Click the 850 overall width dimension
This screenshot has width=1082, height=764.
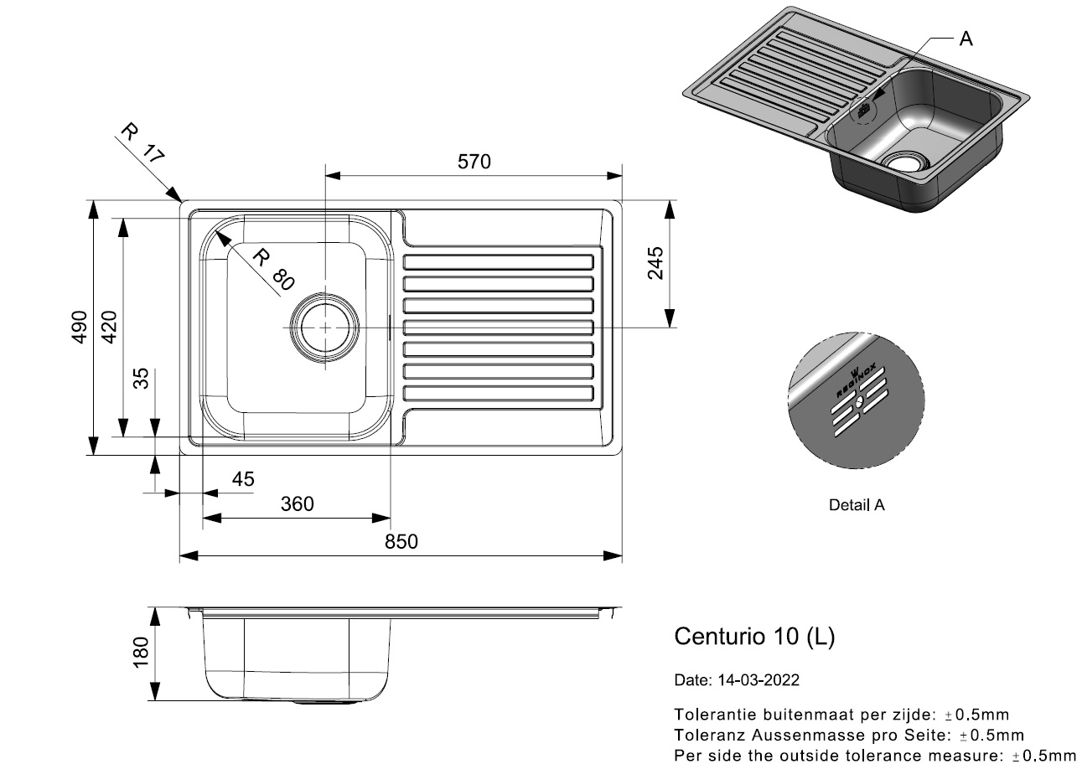pos(401,542)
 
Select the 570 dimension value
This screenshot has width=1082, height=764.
pos(474,162)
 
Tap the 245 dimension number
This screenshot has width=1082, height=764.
pos(655,263)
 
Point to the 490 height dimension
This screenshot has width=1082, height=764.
pos(78,327)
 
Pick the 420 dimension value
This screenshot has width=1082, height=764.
pos(109,327)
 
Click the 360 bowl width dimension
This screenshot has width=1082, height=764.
pos(297,504)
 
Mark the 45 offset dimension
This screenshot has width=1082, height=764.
pos(242,479)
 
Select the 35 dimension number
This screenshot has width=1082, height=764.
pos(140,379)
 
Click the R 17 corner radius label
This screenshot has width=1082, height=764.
pos(142,142)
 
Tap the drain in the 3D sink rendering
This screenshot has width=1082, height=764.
pos(903,161)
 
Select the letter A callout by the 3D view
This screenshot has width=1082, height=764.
pos(966,39)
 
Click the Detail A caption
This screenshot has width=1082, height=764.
pos(856,505)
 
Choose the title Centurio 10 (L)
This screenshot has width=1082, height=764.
pos(754,637)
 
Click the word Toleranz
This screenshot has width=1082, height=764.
pos(705,735)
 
